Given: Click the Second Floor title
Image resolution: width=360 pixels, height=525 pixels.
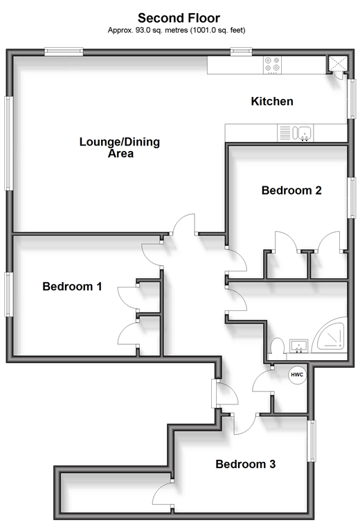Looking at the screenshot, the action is [x=179, y=18].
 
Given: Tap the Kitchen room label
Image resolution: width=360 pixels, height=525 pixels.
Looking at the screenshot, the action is [x=272, y=101].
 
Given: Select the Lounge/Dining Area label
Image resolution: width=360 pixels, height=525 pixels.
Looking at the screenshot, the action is [x=120, y=148].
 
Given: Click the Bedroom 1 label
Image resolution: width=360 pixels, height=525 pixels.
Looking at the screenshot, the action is [x=72, y=286].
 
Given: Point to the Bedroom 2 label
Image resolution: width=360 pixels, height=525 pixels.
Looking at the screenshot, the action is [x=291, y=190].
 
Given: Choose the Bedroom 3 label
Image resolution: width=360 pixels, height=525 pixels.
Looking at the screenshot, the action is [x=246, y=464].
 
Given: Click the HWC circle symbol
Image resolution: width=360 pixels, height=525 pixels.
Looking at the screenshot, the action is [x=297, y=375].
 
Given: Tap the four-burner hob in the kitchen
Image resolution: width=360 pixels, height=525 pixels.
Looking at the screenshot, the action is [x=272, y=64].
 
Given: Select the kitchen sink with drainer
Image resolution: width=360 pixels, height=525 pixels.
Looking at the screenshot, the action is [x=296, y=133].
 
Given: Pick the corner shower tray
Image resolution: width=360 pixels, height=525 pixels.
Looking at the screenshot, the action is [x=330, y=334].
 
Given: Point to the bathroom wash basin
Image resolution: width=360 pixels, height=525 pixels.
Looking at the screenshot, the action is [x=299, y=346].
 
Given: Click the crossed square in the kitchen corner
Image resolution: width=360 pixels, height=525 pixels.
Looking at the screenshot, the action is [x=338, y=64].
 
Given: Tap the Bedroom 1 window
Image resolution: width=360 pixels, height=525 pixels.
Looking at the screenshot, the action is [x=9, y=294].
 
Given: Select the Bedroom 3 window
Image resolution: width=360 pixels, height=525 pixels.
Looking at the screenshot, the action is [x=312, y=441].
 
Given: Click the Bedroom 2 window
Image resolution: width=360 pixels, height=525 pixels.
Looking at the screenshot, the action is [x=351, y=197].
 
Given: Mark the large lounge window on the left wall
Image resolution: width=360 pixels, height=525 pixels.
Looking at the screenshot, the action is [x=9, y=143].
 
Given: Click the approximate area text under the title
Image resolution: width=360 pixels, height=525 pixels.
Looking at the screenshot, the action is [x=177, y=30].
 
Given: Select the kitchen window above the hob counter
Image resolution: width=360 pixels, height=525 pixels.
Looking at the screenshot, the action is [x=241, y=51].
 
